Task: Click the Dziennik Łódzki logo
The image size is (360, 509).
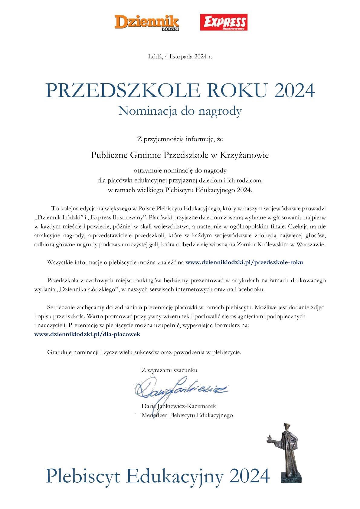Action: [147, 23]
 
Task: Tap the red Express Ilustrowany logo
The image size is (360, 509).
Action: [224, 22]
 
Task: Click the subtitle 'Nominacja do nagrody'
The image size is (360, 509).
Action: [180, 111]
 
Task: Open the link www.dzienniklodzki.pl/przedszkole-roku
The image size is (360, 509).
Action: [244, 262]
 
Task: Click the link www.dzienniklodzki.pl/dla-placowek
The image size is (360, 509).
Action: [87, 334]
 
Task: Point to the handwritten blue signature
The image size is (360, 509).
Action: [178, 389]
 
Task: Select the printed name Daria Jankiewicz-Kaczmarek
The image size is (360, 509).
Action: [178, 406]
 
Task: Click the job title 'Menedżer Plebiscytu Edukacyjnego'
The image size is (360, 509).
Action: [187, 415]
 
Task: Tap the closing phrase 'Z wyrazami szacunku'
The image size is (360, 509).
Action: [169, 370]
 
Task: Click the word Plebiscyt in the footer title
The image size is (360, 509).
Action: [83, 476]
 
